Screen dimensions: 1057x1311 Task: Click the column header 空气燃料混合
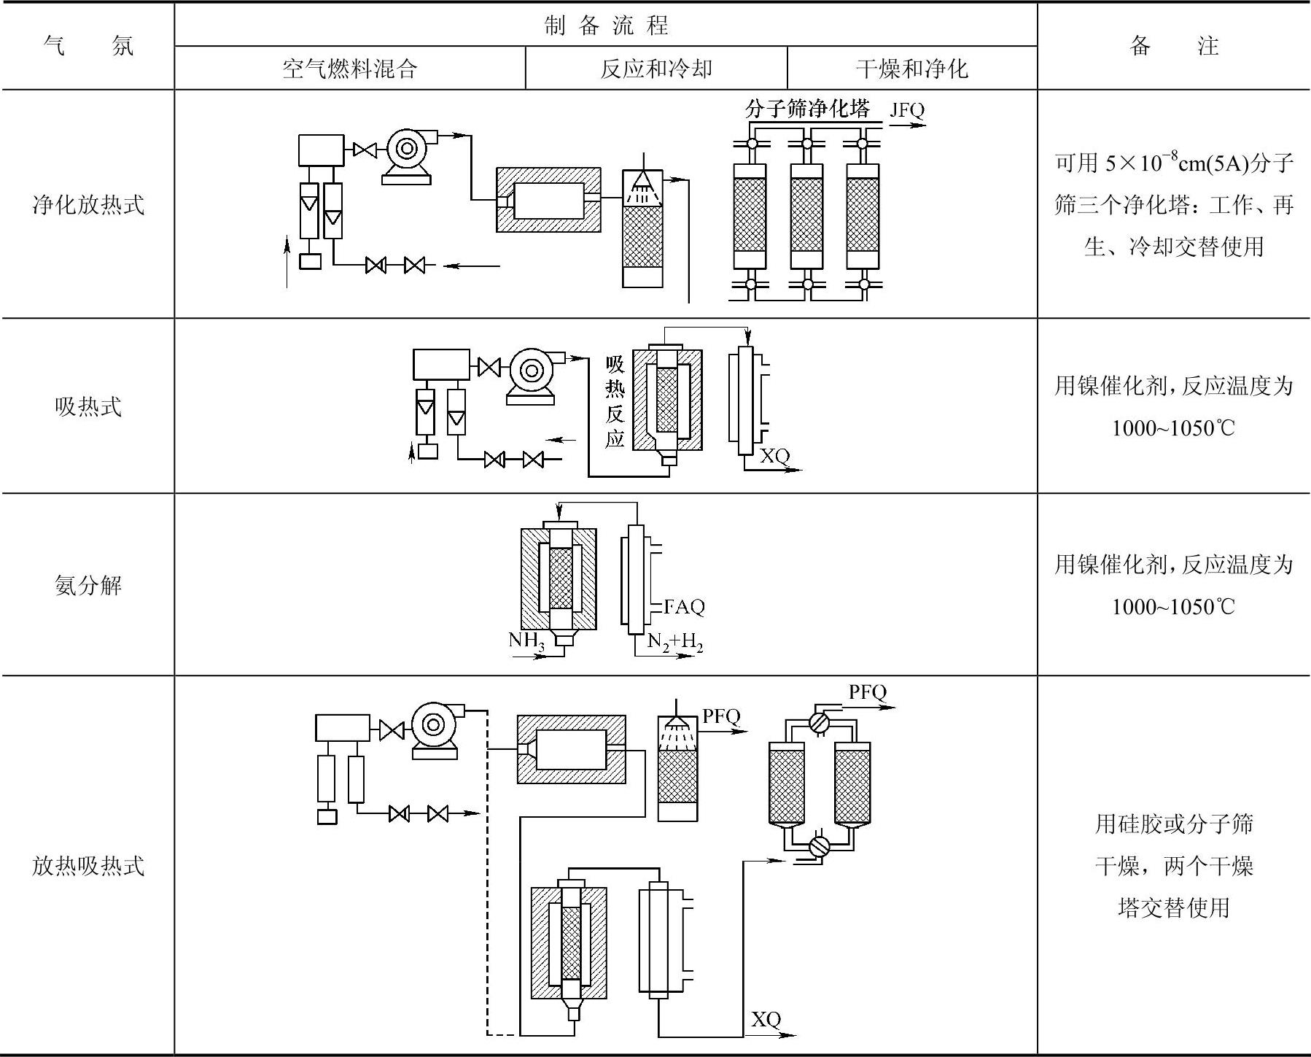tap(349, 69)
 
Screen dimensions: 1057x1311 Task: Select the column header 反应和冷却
tap(655, 69)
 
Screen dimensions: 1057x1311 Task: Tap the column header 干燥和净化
tap(911, 69)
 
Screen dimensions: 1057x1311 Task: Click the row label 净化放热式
tap(87, 204)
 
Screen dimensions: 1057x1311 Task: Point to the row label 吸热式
tap(87, 406)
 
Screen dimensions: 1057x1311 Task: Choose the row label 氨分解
tap(87, 585)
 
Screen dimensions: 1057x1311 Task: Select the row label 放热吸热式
tap(87, 866)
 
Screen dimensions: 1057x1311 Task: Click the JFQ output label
tap(906, 110)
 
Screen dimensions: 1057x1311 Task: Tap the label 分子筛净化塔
tap(807, 109)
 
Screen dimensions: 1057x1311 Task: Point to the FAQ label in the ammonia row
tap(684, 606)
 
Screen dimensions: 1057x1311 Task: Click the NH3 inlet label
tap(526, 641)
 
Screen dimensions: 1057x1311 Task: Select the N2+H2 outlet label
tap(675, 642)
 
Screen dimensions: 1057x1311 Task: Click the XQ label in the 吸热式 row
tap(774, 456)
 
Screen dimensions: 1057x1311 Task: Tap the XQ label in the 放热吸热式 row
tap(766, 1018)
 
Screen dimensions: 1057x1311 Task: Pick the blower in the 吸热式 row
tap(531, 371)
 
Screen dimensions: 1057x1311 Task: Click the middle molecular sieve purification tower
tap(806, 214)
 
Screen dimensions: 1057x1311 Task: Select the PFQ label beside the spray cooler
tap(720, 716)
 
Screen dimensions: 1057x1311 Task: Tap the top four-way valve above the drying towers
tap(820, 721)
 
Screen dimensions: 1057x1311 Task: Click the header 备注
tap(1173, 46)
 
